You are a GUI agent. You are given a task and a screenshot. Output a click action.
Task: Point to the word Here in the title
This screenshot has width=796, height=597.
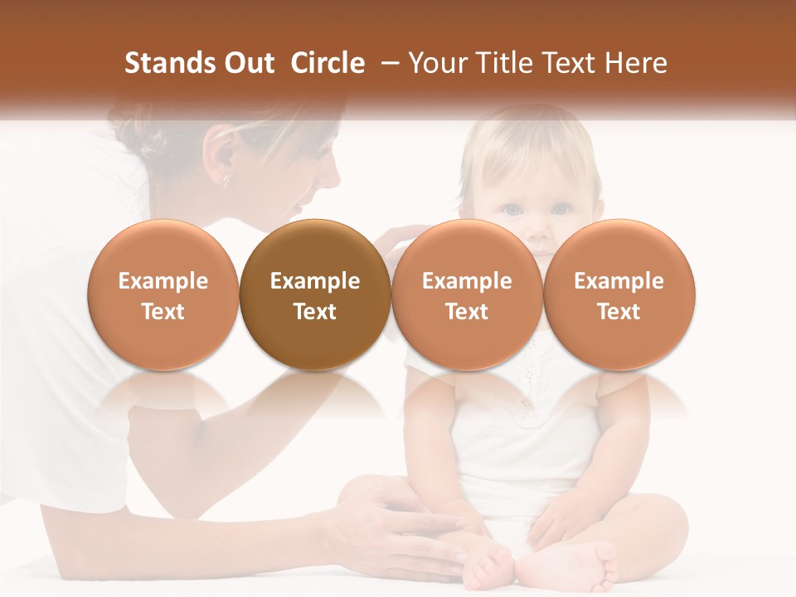(637, 63)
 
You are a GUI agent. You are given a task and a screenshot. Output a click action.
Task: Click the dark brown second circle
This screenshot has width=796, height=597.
(315, 295)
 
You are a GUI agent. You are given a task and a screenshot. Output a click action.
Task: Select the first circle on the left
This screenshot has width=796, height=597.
(163, 295)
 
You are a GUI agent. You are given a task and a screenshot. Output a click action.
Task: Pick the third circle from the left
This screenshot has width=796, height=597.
(467, 295)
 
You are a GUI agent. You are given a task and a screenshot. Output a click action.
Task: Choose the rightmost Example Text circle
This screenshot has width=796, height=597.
(619, 295)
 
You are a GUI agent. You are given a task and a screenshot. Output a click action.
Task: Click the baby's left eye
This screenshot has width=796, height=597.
(562, 209)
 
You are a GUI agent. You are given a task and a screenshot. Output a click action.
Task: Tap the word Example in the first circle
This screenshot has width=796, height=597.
(163, 281)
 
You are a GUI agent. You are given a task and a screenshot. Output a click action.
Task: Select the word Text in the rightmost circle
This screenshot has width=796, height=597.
(619, 312)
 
